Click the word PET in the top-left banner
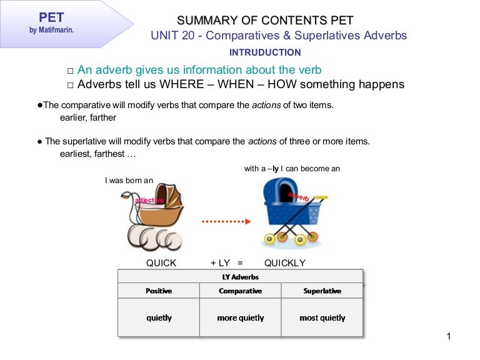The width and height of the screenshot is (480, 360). pos(52,17)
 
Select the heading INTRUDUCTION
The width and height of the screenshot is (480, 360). pos(265,52)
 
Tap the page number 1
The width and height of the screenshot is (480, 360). pos(449,337)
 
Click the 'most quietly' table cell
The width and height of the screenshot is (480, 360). pos(322,317)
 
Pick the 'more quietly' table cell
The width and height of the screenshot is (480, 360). pos(240,317)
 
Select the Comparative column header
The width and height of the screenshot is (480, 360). pos(240,291)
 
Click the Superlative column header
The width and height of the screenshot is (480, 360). pos(322,291)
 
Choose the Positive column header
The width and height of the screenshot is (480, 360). pos(159,291)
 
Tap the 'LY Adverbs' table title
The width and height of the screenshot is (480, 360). pos(240,277)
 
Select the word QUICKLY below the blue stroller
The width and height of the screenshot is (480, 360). pos(285,263)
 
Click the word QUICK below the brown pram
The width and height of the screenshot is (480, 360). pos(161,263)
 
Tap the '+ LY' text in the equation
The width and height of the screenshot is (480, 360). pos(220,263)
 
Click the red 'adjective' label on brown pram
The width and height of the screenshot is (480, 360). pos(149,200)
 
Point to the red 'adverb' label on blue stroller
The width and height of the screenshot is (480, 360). pos(299,197)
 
